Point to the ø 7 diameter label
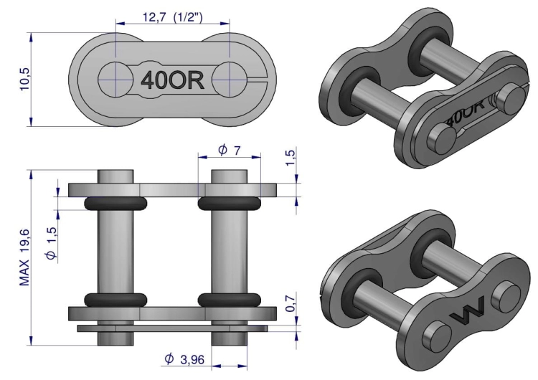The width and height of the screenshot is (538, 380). click(x=229, y=151)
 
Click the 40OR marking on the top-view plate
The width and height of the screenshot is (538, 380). click(x=172, y=80)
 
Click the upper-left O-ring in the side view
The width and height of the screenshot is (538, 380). click(x=115, y=204)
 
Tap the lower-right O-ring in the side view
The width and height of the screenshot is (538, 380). click(x=229, y=299)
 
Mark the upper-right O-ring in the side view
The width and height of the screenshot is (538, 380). click(x=229, y=204)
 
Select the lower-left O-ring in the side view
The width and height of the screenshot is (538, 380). click(x=115, y=299)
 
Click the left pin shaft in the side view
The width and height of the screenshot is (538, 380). click(x=115, y=251)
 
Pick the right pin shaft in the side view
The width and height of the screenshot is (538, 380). click(x=229, y=251)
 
